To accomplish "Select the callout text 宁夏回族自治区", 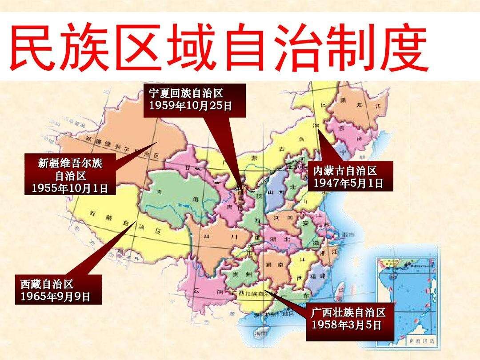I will [x=186, y=94].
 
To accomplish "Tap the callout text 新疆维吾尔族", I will [x=70, y=163].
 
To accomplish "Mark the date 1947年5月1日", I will [x=348, y=183].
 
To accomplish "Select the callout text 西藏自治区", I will [x=47, y=284].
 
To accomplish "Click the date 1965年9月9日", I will [x=55, y=296].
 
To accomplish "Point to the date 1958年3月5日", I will [x=346, y=324].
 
